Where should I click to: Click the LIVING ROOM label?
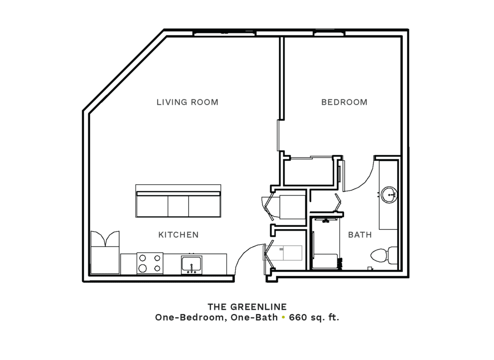(x=188, y=102)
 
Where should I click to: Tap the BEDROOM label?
(x=344, y=102)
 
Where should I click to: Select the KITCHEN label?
(x=178, y=235)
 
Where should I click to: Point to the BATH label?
(x=360, y=235)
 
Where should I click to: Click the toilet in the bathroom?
(x=384, y=255)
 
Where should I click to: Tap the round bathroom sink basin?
(x=389, y=195)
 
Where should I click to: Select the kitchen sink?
(x=192, y=265)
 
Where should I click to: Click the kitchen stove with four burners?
(x=150, y=263)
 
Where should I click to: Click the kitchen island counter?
(x=178, y=201)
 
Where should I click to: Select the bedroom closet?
(x=308, y=171)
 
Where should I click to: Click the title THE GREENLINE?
(x=247, y=307)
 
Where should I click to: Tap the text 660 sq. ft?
(x=314, y=317)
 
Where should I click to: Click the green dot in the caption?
(x=283, y=318)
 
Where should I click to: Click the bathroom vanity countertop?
(x=388, y=195)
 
